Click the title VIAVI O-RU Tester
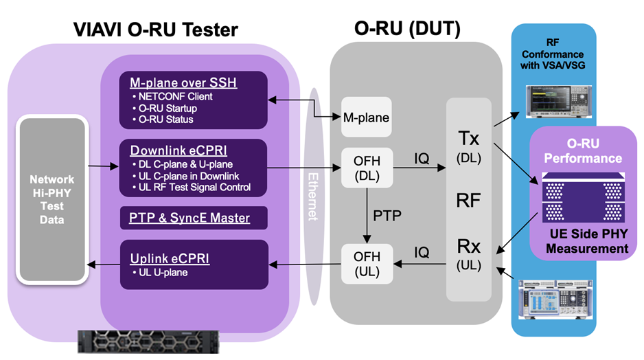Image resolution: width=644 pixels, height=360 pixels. click(156, 29)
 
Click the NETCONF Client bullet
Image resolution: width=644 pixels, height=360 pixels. click(174, 96)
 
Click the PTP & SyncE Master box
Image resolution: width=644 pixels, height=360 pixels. click(189, 218)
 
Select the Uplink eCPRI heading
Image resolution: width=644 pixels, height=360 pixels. click(170, 259)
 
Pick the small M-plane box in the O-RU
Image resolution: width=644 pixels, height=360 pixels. click(366, 117)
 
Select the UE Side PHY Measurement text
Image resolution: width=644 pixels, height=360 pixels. click(588, 241)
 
